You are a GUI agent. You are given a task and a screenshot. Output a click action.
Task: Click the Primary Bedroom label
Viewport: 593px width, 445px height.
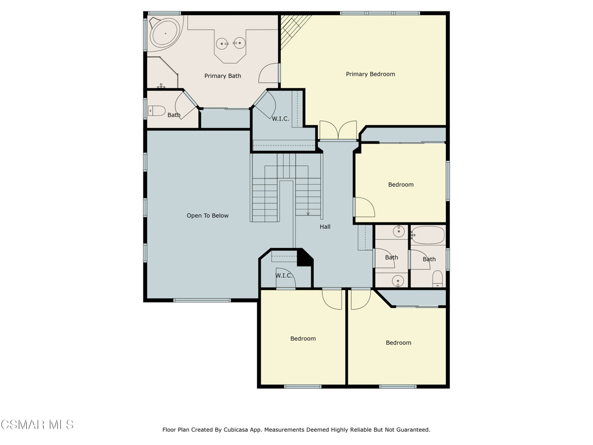click(370, 74)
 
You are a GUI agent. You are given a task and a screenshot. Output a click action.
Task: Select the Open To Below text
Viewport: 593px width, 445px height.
click(207, 216)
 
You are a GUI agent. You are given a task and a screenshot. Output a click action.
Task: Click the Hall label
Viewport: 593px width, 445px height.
click(325, 227)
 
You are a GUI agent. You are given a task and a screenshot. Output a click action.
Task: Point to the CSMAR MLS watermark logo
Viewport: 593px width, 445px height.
click(37, 425)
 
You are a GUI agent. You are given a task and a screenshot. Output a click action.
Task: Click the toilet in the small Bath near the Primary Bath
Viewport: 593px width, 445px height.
click(157, 110)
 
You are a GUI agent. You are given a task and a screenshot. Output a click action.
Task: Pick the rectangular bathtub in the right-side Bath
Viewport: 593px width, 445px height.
click(428, 235)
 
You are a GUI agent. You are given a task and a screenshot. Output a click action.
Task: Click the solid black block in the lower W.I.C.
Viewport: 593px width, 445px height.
click(304, 258)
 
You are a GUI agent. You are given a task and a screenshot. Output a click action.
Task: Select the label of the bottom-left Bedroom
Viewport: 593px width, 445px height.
click(303, 338)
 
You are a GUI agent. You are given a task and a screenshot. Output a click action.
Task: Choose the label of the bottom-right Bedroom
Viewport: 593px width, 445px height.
click(398, 342)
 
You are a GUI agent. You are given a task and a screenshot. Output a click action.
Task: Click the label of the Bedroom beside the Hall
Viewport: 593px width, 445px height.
click(401, 184)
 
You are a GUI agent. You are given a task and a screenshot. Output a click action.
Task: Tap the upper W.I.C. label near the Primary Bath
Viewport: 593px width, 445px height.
click(281, 118)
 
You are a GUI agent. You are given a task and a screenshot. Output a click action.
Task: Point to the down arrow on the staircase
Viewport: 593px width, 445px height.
click(308, 213)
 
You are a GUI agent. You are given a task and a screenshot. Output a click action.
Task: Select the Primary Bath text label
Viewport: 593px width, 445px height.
click(222, 76)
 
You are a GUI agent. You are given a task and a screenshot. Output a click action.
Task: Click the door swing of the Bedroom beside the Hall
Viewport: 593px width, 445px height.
click(364, 207)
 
